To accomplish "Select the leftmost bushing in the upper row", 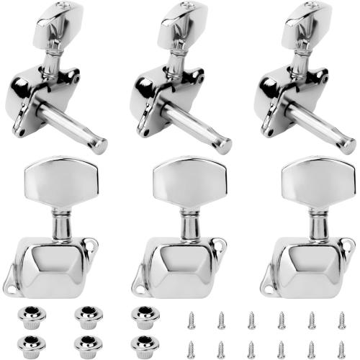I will pos(27,315).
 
